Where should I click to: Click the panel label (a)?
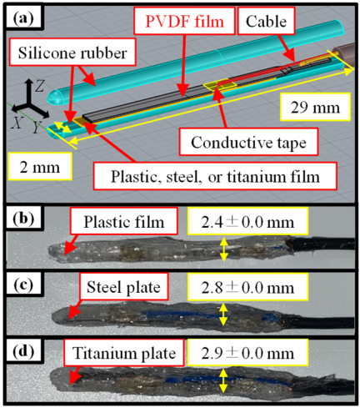tap(23, 18)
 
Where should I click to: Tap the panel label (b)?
tap(23, 219)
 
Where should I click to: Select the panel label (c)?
tap(23, 285)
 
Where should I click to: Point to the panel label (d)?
tap(23, 351)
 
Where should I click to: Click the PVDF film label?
tap(184, 21)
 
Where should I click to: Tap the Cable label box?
tap(267, 21)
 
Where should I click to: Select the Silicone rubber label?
tap(72, 53)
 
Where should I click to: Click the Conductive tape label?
tap(248, 142)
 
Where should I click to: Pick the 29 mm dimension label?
tap(315, 107)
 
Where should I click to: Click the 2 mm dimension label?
tap(40, 166)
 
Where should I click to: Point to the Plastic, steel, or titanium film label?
tap(215, 176)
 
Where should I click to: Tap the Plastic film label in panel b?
tap(124, 221)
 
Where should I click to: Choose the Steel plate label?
tap(123, 286)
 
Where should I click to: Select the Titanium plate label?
tap(124, 353)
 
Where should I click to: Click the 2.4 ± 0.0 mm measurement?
tap(247, 221)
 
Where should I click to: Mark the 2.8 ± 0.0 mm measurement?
tap(247, 287)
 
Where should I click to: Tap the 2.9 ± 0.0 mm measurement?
tap(247, 353)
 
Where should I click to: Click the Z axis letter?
tap(39, 85)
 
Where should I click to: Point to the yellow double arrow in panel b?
tap(224, 249)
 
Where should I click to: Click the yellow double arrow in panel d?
tap(222, 380)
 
